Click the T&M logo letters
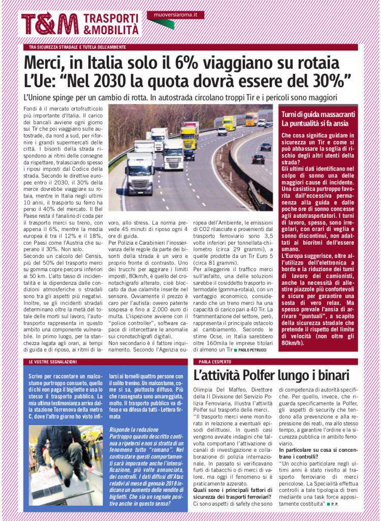pyautogui.click(x=50, y=24)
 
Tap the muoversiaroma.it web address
pyautogui.click(x=175, y=16)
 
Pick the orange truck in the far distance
pyautogui.click(x=251, y=119)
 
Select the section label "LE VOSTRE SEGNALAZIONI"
pyautogui.click(x=53, y=361)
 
